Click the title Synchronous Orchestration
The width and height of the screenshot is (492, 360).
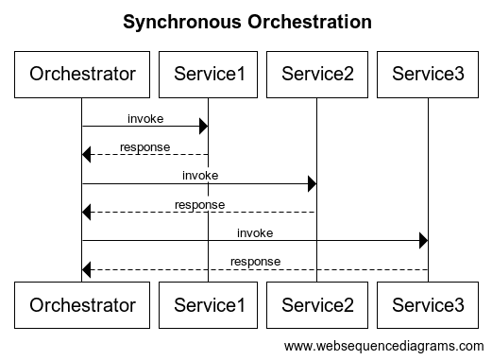coord(246,21)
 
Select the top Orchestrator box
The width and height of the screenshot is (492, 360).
coord(82,73)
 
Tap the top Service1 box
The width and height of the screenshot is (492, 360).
coord(209,73)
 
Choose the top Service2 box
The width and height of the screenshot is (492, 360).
coord(317,73)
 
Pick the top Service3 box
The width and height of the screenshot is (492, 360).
coord(428,73)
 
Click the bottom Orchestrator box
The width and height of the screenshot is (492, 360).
coord(82,304)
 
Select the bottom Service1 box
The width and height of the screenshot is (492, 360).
coord(209,304)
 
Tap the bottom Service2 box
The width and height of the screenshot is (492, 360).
coord(317,304)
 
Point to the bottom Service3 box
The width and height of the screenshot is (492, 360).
coord(428,304)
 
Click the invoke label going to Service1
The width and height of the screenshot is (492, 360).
coord(145,119)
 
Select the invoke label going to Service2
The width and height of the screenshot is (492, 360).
coord(199,176)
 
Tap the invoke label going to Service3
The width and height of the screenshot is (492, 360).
coord(255,232)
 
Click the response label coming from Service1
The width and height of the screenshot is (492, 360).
coord(145,147)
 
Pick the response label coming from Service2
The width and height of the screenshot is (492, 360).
coord(199,204)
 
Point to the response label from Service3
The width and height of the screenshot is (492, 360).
coord(255,261)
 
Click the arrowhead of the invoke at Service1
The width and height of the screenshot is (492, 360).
coord(203,127)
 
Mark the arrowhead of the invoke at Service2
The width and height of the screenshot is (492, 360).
coord(312,183)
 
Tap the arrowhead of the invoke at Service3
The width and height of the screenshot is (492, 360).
coord(422,240)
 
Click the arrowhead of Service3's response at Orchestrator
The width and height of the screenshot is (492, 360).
coord(88,269)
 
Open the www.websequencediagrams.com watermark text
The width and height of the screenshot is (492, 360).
coord(383,345)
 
